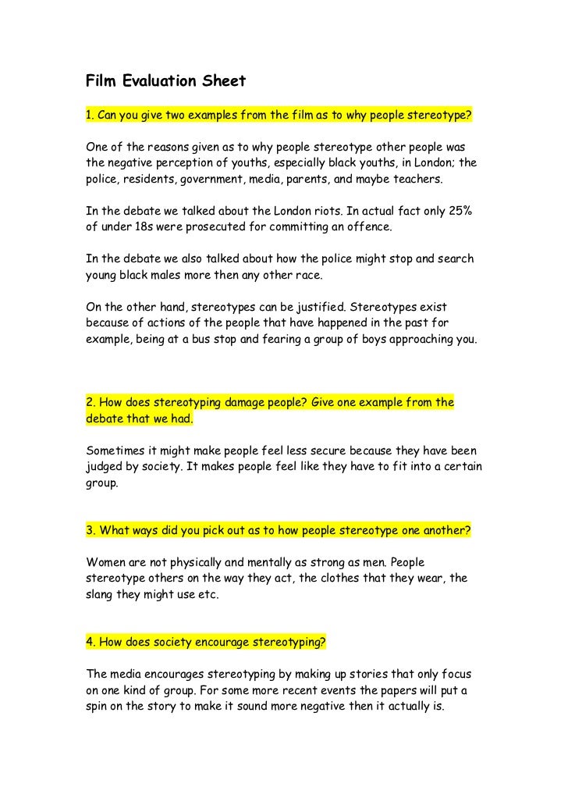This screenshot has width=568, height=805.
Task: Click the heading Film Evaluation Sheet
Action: [165, 81]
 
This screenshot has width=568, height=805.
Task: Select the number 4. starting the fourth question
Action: [91, 643]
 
